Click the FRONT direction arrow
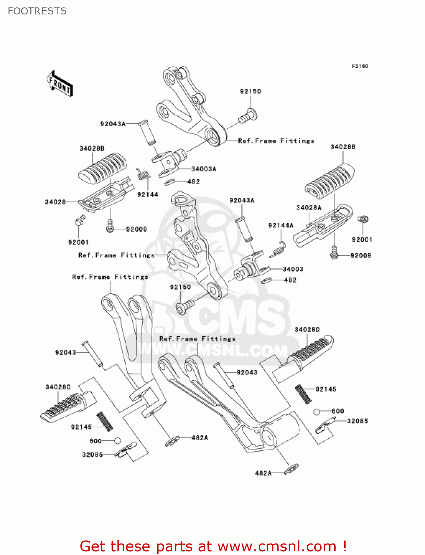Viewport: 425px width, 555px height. pyautogui.click(x=60, y=84)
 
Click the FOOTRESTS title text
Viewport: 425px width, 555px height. pyautogui.click(x=37, y=11)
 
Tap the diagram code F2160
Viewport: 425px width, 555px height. pyautogui.click(x=360, y=66)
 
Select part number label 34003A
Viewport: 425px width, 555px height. pyautogui.click(x=203, y=169)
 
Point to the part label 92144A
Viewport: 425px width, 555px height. pyautogui.click(x=280, y=225)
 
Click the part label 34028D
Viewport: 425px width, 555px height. pyautogui.click(x=307, y=330)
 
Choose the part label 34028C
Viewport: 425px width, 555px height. pyautogui.click(x=58, y=387)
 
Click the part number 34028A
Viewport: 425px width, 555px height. pyautogui.click(x=309, y=208)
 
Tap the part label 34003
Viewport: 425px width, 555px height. pyautogui.click(x=293, y=269)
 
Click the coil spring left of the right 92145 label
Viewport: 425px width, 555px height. pyautogui.click(x=303, y=394)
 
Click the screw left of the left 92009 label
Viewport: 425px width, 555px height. pyautogui.click(x=110, y=226)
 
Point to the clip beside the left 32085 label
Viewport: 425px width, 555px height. pyautogui.click(x=125, y=450)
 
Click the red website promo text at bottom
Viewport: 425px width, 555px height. pyautogui.click(x=213, y=546)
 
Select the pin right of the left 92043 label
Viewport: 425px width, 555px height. pyautogui.click(x=92, y=354)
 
